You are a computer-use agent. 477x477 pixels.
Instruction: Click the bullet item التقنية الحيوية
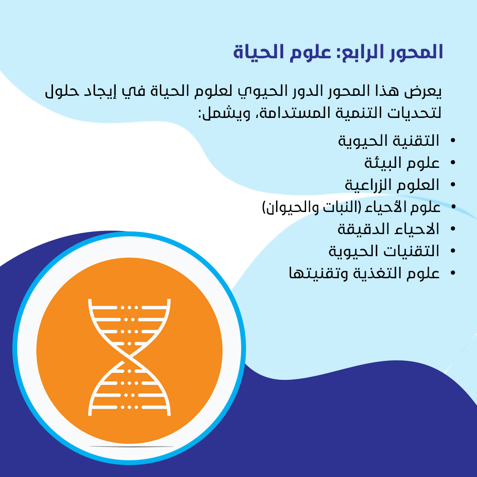point(389,141)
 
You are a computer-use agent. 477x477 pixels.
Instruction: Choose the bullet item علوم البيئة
point(402,163)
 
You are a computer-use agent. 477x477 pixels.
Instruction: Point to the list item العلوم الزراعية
point(392,185)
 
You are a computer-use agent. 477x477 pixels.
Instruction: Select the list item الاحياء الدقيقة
point(389,229)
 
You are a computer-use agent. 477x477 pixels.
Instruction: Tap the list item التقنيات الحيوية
point(384,251)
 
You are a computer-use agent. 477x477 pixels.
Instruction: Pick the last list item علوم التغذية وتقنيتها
point(364,273)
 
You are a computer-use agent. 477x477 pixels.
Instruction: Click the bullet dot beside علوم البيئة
point(453,163)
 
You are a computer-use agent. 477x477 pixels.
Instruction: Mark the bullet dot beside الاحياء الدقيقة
point(453,229)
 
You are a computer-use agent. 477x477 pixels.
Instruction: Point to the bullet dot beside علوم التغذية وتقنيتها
point(453,273)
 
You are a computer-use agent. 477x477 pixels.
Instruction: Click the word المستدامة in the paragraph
point(293,113)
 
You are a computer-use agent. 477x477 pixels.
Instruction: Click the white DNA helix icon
point(129,357)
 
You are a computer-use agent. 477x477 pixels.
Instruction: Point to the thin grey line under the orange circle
point(132,447)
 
